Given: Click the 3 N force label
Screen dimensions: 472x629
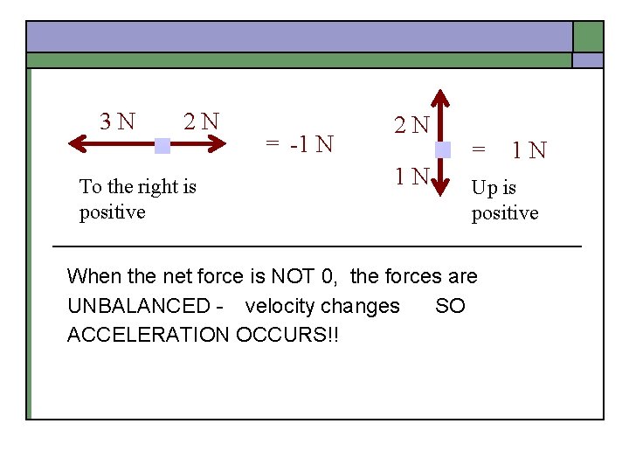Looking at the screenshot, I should tap(118, 121).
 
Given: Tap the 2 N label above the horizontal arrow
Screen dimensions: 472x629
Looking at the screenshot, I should tap(201, 121).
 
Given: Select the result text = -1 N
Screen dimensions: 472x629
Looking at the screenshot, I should tap(300, 143).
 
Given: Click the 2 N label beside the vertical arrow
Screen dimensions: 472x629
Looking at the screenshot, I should tap(411, 125).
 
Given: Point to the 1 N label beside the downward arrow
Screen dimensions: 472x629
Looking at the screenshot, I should tap(411, 177).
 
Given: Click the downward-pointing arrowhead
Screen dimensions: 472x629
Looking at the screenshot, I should tap(442, 194).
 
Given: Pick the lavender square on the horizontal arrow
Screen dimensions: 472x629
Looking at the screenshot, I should tap(162, 146).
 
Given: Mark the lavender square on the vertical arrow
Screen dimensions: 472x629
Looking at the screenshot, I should tap(442, 149).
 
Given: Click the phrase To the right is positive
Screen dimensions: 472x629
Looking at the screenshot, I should tap(137, 199).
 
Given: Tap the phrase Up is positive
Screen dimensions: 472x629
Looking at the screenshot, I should tap(505, 200).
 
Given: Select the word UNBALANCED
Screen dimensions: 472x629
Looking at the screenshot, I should tap(138, 306).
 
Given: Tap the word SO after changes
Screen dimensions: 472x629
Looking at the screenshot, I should tap(450, 306).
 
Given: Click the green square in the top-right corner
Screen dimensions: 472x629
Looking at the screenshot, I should tap(588, 37).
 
